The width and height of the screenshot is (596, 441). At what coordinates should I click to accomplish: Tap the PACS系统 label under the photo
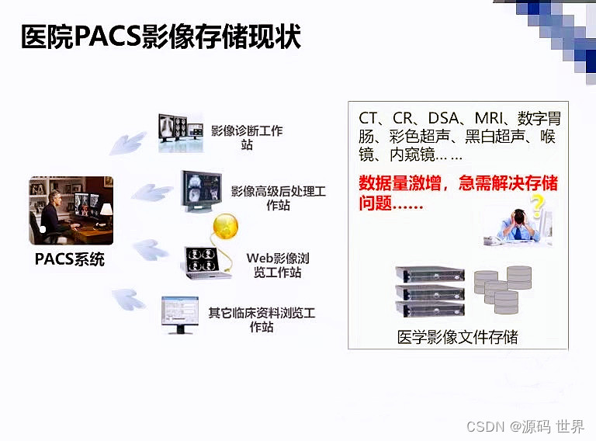coord(69,259)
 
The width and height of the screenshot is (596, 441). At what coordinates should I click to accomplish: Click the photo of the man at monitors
coord(71,210)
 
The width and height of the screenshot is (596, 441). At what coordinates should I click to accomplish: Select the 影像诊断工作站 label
coord(247,137)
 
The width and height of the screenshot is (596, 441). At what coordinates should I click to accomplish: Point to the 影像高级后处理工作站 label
coord(278,198)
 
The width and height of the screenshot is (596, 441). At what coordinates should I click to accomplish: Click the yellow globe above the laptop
coord(225,227)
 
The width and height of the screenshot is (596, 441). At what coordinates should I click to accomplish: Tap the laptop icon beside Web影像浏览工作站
coord(206,262)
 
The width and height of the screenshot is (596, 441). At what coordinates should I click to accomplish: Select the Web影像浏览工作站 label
coord(278,265)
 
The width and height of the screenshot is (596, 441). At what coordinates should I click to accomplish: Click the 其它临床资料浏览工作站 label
coord(262,320)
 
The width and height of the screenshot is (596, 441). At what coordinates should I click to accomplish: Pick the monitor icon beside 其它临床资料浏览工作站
coord(180,314)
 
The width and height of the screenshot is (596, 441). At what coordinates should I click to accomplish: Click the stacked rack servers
coord(429,291)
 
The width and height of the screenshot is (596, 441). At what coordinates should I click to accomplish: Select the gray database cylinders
coord(504,289)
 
